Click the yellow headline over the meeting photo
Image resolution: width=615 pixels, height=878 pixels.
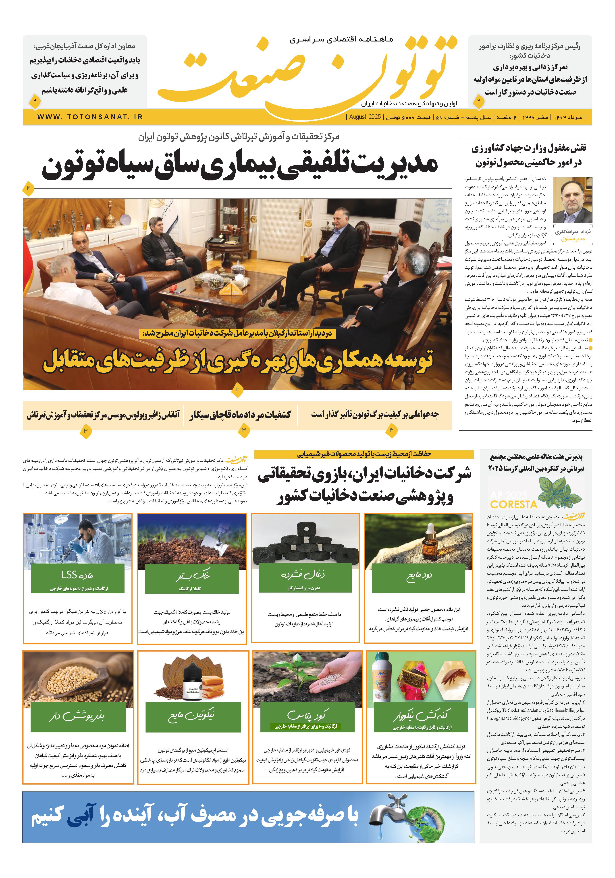(x=237, y=359)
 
